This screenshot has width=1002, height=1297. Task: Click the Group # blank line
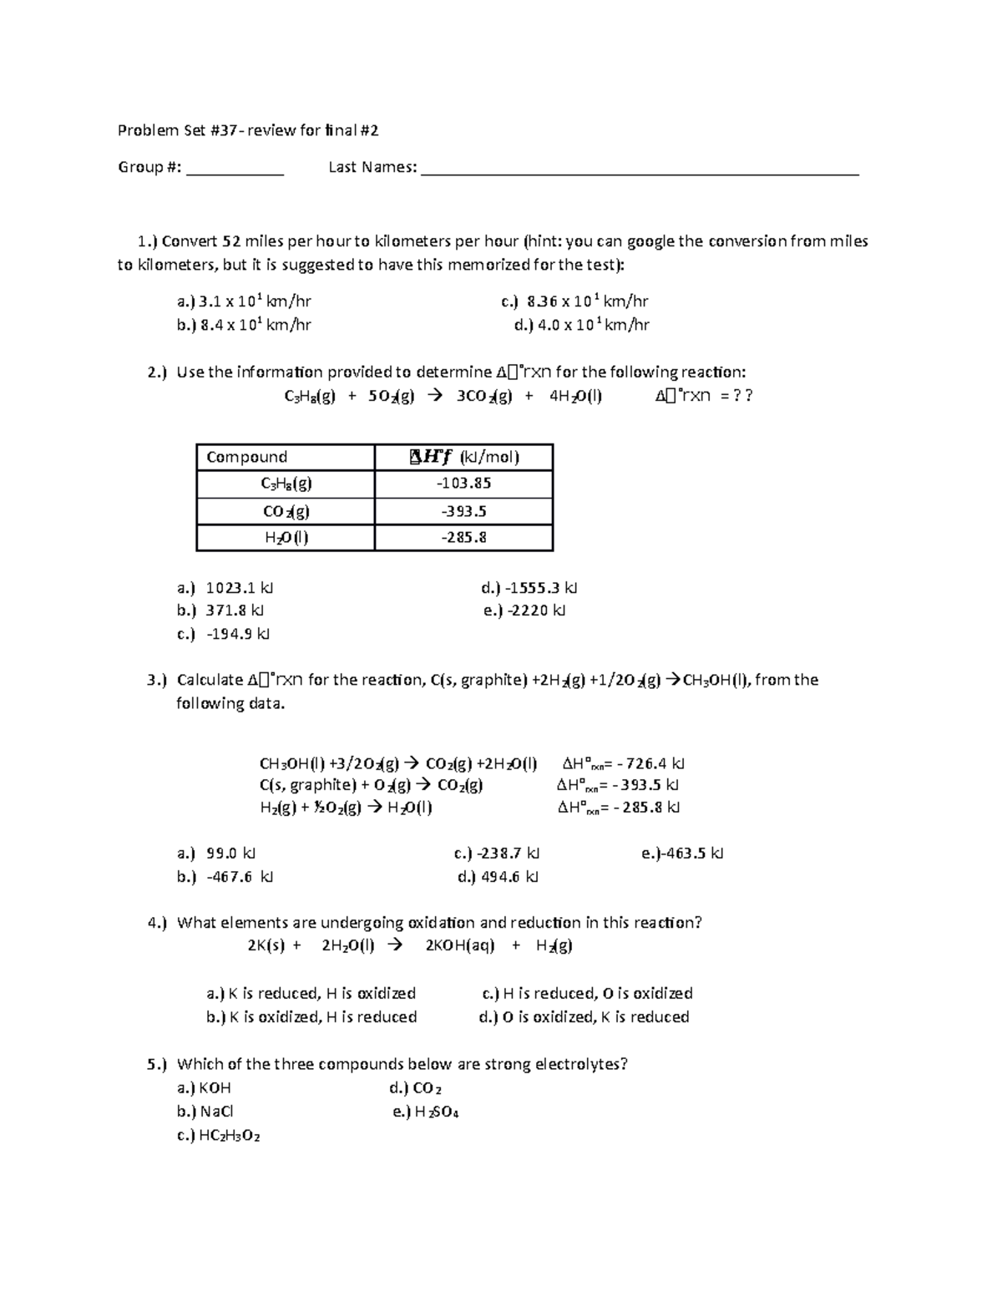235,173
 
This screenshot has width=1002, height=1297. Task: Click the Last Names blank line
640,173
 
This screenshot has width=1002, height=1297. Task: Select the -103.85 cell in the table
464,484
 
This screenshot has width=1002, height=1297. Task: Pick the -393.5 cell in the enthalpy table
464,511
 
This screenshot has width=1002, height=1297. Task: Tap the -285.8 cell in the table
464,538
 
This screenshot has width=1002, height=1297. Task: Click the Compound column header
247,457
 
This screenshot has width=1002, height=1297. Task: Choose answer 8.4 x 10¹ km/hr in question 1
244,325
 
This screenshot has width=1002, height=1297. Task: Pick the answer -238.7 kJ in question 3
498,854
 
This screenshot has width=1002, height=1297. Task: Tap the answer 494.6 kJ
498,877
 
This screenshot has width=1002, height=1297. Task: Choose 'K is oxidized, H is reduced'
311,1017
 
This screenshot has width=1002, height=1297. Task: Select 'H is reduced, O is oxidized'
588,994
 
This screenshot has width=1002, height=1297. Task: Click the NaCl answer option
206,1112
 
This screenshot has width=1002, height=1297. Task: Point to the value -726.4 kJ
649,763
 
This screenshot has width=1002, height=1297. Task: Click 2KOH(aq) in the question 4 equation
459,946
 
